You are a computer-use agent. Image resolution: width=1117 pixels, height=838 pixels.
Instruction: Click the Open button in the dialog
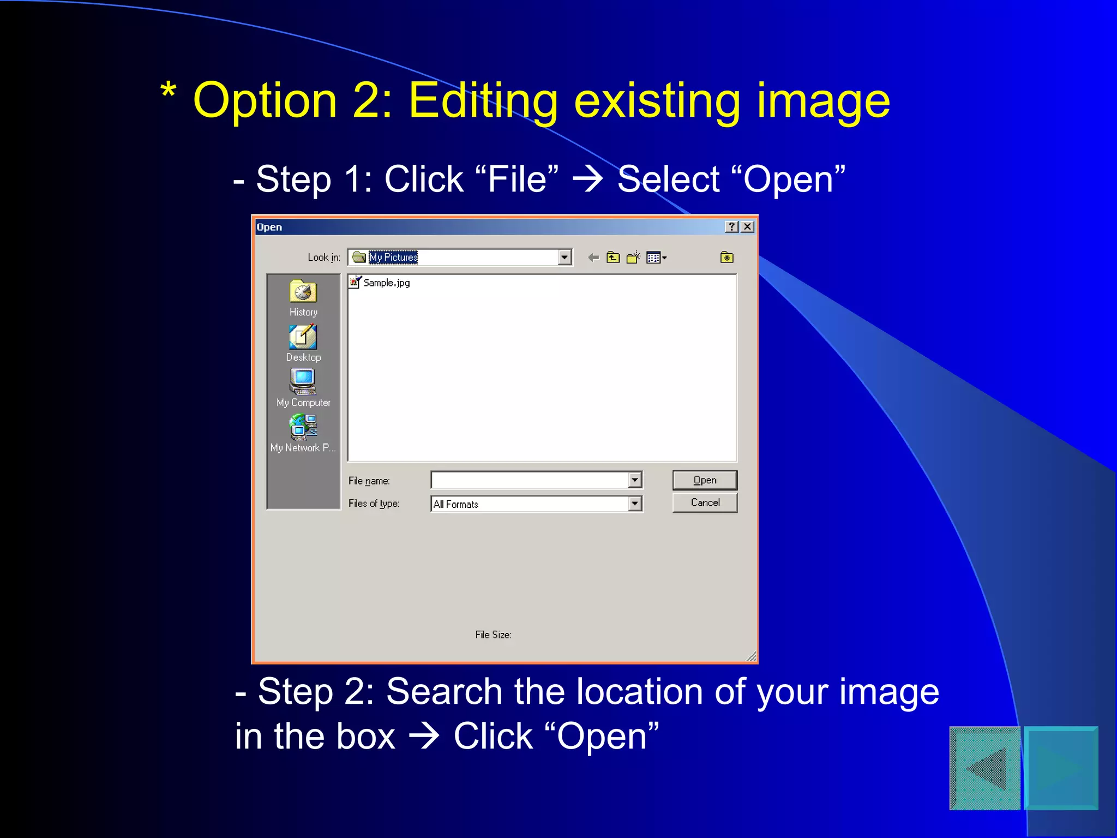[x=704, y=480]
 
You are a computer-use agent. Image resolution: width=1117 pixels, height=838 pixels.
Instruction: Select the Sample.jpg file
[x=386, y=283]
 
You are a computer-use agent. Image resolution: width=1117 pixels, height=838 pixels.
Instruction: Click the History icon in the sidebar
[x=303, y=292]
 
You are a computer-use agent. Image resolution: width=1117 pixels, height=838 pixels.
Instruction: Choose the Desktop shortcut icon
[x=303, y=337]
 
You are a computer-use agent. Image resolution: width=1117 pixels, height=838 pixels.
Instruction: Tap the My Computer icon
[x=303, y=382]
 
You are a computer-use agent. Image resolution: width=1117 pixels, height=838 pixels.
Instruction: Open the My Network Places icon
[x=303, y=427]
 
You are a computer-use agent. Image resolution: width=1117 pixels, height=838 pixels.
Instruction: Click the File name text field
[x=529, y=480]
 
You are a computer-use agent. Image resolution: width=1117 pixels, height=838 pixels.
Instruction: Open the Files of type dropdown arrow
[x=635, y=504]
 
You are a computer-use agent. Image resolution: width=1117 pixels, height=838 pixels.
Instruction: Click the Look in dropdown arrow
[x=564, y=257]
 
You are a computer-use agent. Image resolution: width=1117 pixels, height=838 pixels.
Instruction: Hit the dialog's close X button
[x=748, y=227]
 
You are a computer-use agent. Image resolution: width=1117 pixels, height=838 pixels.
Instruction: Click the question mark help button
[x=732, y=227]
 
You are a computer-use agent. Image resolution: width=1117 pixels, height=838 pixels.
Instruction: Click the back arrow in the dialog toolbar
[x=593, y=258]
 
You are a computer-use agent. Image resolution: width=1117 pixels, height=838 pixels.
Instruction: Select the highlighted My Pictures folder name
[x=393, y=257]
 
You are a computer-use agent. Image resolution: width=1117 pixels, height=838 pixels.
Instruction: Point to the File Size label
[x=493, y=635]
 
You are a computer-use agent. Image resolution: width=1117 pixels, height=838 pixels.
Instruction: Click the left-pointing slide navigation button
[x=985, y=768]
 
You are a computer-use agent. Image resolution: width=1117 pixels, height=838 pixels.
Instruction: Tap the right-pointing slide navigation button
[x=1061, y=768]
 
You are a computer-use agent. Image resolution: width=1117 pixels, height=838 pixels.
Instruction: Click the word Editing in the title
[x=483, y=101]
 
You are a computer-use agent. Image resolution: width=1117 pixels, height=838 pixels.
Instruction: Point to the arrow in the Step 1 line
[x=587, y=179]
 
